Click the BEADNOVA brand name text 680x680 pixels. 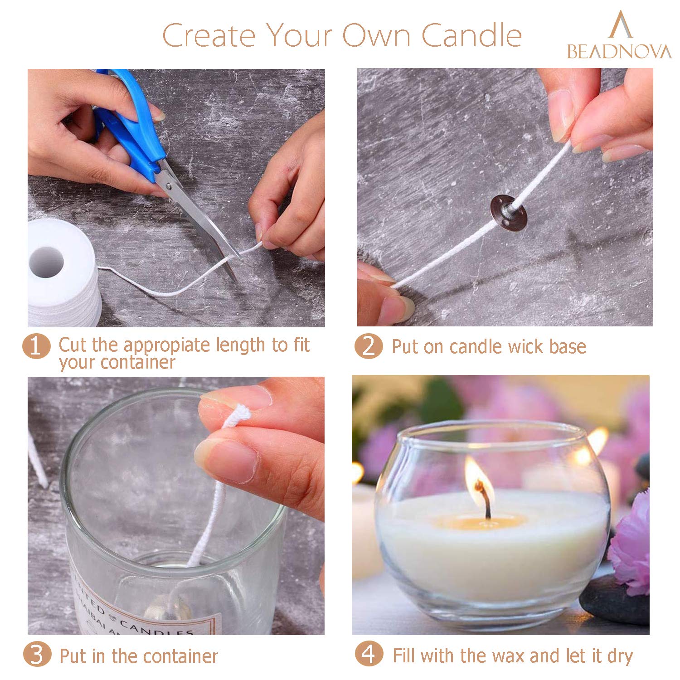coord(619,51)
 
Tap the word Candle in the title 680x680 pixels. coord(472,35)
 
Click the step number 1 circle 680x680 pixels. coord(36,346)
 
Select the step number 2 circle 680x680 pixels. coord(369,346)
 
